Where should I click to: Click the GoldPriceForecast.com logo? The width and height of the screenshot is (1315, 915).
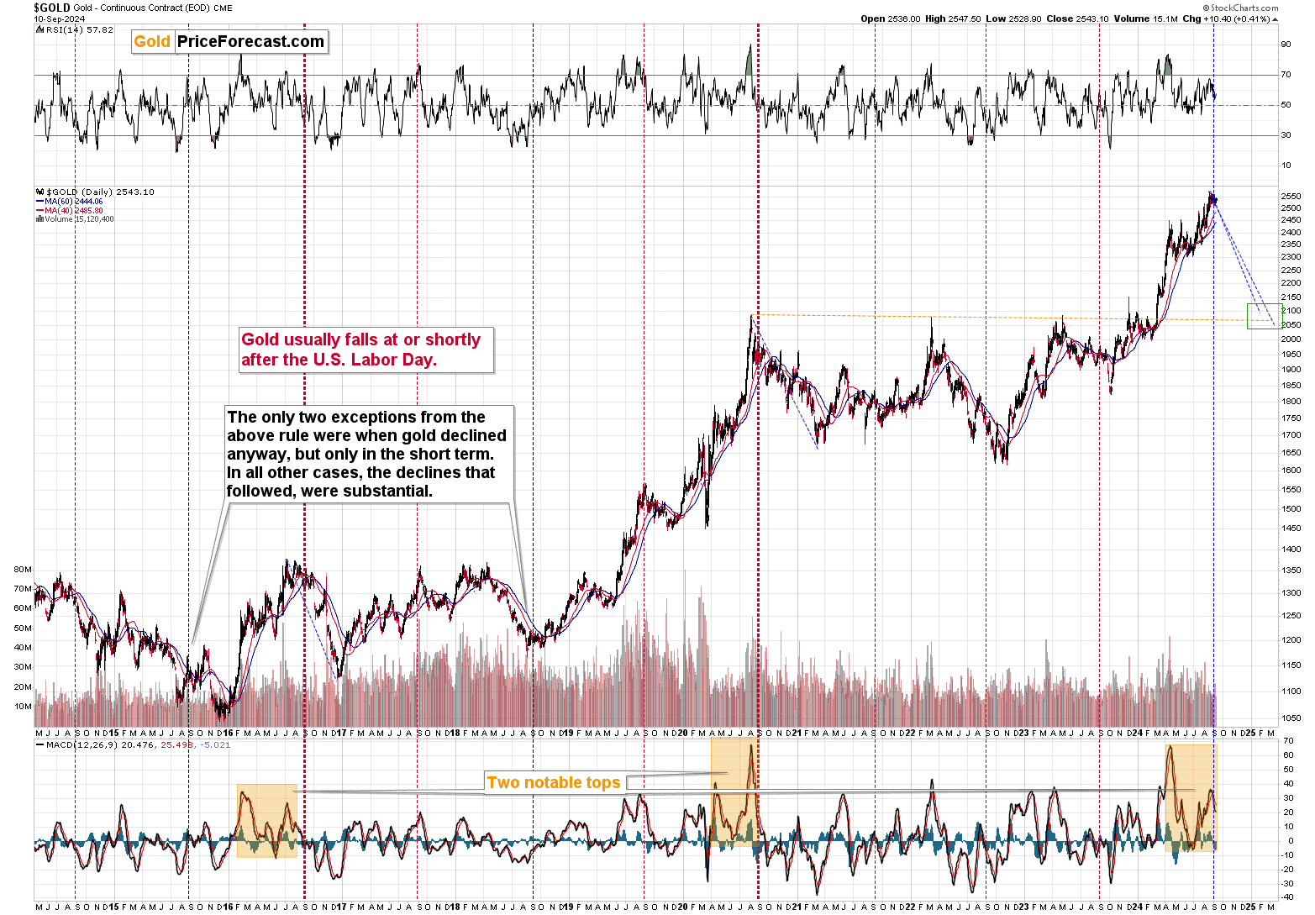point(229,42)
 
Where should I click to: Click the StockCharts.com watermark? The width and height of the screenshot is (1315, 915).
point(1244,8)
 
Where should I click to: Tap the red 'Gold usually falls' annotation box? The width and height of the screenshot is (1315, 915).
point(361,350)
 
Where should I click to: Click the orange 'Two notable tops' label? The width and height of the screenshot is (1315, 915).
point(554,782)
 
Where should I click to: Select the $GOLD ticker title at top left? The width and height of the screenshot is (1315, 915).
point(51,8)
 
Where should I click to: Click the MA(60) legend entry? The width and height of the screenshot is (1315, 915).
point(73,202)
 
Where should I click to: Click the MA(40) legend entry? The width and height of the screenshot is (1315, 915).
point(73,210)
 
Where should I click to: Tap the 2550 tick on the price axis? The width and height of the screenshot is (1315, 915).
point(1291,197)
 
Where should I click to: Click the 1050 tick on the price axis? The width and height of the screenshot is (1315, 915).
point(1291,718)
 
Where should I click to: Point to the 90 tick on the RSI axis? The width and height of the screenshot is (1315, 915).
point(1286,45)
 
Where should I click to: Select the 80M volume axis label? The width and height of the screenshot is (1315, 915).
point(23,569)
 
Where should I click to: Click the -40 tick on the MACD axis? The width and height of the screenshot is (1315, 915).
point(1287,897)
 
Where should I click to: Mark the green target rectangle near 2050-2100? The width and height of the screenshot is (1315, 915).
point(1264,316)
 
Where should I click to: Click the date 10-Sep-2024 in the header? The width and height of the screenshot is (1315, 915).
point(59,18)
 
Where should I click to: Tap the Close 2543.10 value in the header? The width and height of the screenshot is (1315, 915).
point(1077,18)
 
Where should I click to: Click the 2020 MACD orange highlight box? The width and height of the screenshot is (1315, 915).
point(734,792)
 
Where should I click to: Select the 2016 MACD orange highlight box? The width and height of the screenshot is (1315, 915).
point(266,821)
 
